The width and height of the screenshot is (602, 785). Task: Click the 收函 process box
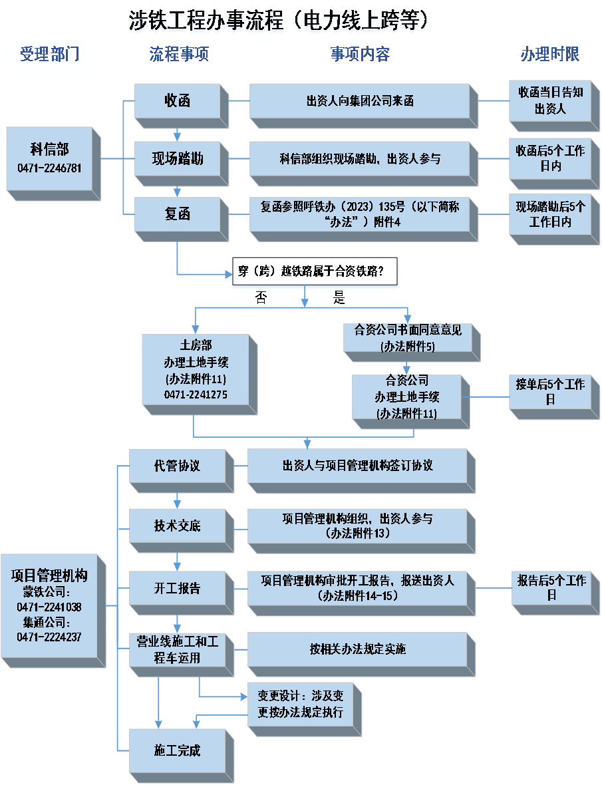177,101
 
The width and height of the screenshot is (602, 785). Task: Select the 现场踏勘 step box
177,158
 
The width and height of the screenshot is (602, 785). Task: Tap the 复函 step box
177,214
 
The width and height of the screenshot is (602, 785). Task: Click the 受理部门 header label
49,54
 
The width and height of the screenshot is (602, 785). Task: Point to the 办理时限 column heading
549,55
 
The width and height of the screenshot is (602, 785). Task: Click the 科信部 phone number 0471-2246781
50,168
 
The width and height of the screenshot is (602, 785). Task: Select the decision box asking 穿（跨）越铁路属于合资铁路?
311,271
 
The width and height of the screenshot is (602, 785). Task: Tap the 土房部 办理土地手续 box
196,370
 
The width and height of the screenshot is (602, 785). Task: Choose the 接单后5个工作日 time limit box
550,392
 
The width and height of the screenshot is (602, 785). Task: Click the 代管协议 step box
177,466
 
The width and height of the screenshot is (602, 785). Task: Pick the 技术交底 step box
177,526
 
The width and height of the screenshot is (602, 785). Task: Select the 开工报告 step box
177,589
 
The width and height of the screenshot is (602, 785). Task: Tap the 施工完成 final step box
177,750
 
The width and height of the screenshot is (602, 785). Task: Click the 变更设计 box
301,705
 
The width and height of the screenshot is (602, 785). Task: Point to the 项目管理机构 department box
50,605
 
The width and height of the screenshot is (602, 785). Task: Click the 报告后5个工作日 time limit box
551,588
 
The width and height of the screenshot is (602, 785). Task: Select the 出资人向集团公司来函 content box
360,101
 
